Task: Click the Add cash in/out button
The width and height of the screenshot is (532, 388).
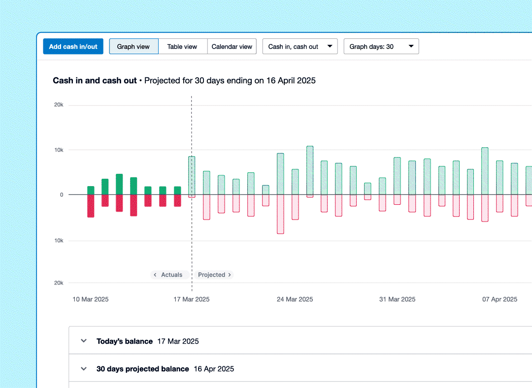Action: pyautogui.click(x=73, y=47)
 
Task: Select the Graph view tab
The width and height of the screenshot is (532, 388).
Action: pyautogui.click(x=133, y=47)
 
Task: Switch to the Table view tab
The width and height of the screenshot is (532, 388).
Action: pyautogui.click(x=182, y=47)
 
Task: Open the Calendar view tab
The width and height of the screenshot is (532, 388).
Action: pyautogui.click(x=232, y=47)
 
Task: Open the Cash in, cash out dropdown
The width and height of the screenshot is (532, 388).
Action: pyautogui.click(x=300, y=47)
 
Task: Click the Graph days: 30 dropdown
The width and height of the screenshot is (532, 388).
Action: pyautogui.click(x=381, y=47)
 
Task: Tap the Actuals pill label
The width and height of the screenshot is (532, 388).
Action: pyautogui.click(x=168, y=275)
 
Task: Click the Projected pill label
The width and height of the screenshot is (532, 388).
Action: pyautogui.click(x=214, y=275)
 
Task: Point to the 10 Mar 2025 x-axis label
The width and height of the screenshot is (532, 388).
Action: pyautogui.click(x=91, y=299)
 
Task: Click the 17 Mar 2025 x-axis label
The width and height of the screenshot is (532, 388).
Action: pyautogui.click(x=191, y=299)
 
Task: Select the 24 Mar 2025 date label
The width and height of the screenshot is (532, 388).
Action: pyautogui.click(x=295, y=299)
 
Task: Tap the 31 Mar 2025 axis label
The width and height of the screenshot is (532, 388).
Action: pyautogui.click(x=397, y=299)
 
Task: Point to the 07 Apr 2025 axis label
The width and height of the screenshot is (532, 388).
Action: pyautogui.click(x=499, y=299)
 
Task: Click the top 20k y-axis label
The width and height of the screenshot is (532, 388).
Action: pyautogui.click(x=59, y=105)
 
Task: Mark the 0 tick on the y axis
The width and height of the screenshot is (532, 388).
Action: pyautogui.click(x=61, y=194)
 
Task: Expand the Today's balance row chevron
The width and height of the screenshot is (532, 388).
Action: pyautogui.click(x=84, y=341)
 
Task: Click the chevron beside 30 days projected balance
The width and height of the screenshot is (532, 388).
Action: pyautogui.click(x=84, y=368)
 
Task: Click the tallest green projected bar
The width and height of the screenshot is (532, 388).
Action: pyautogui.click(x=310, y=170)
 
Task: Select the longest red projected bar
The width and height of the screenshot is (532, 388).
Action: pyautogui.click(x=280, y=214)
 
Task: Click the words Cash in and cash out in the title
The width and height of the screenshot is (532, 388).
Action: pyautogui.click(x=95, y=80)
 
